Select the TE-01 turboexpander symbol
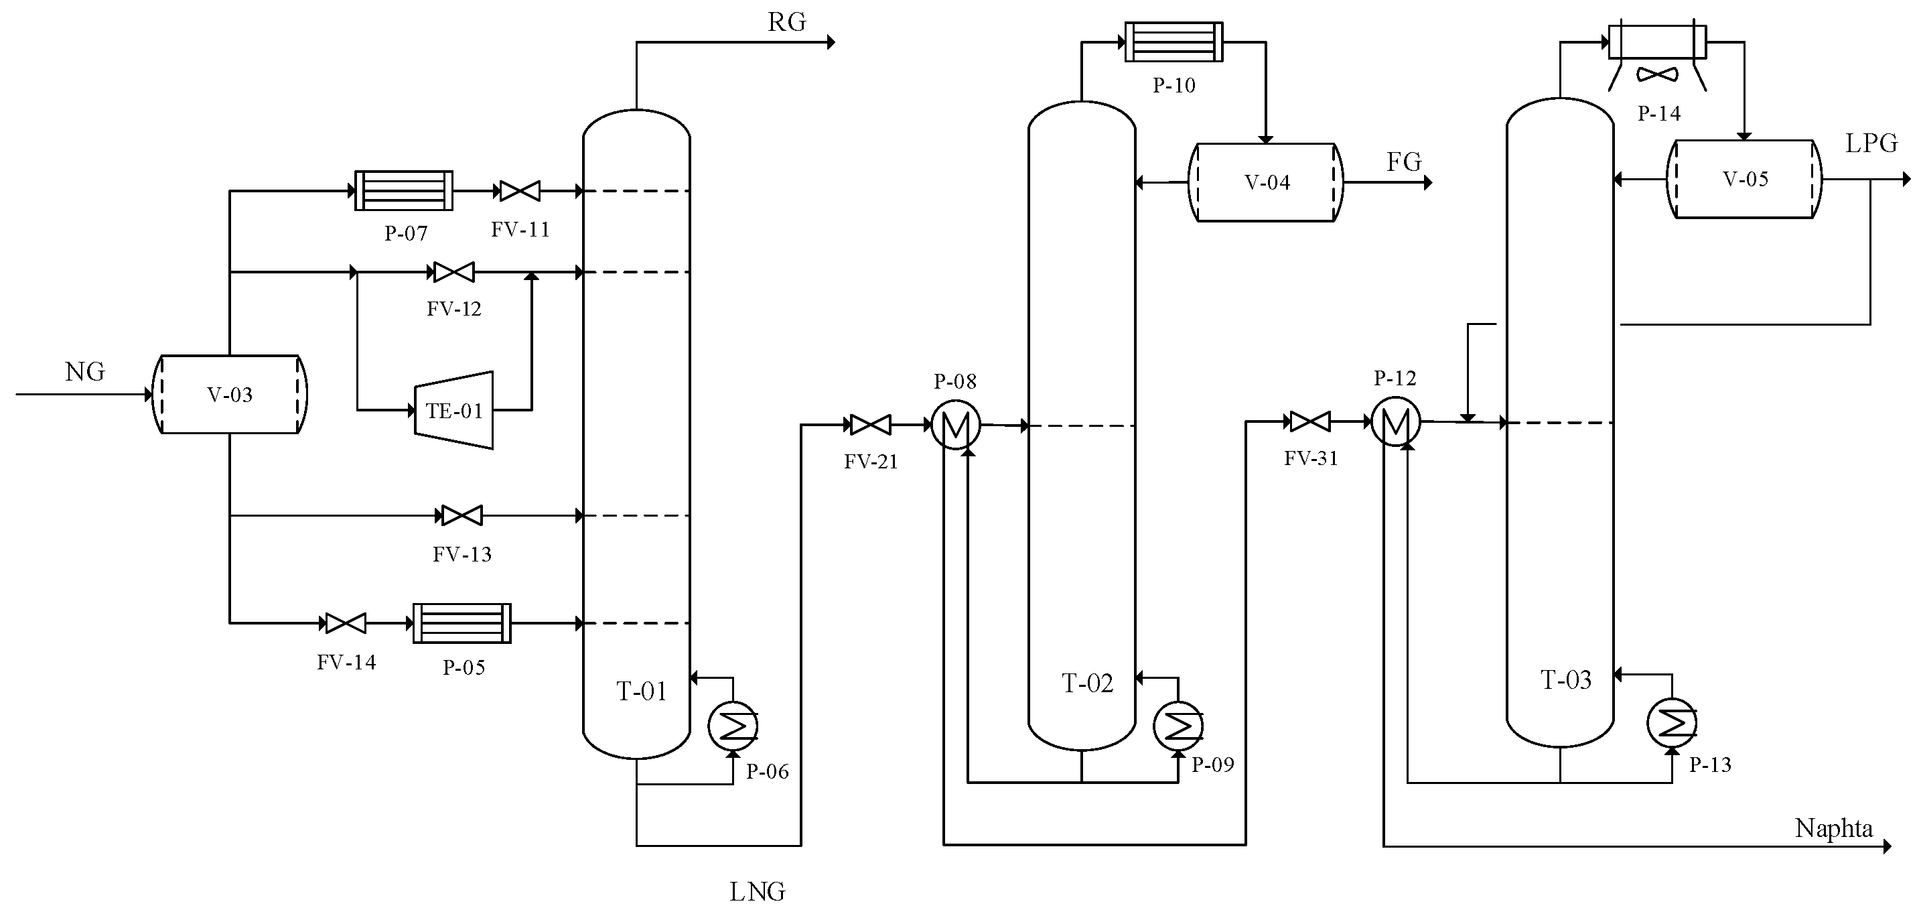(x=453, y=410)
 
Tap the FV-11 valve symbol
(x=520, y=192)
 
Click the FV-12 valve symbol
(x=453, y=272)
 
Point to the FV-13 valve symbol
(x=462, y=515)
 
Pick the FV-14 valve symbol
(x=346, y=623)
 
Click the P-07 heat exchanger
(x=404, y=191)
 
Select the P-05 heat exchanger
(x=462, y=623)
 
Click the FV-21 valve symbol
(x=870, y=425)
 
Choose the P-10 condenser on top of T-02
(x=1174, y=42)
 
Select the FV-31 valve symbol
(x=1310, y=421)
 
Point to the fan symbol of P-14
(x=1658, y=74)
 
